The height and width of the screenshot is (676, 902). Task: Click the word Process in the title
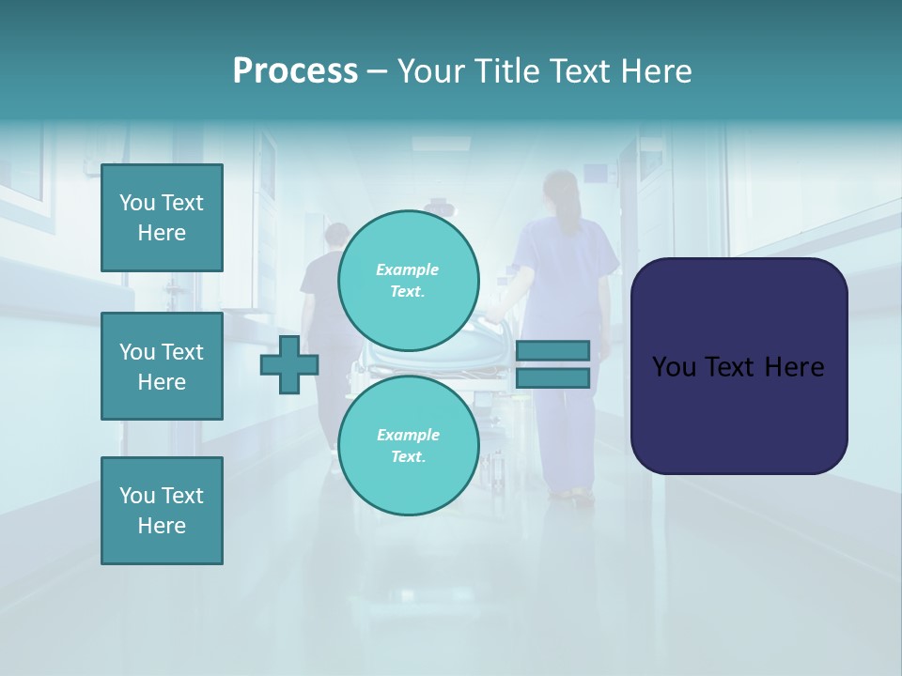pyautogui.click(x=295, y=71)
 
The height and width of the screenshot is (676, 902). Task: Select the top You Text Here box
pyautogui.click(x=162, y=218)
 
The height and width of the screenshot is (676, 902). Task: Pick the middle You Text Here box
pyautogui.click(x=162, y=366)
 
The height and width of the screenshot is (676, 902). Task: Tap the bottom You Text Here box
pyautogui.click(x=162, y=511)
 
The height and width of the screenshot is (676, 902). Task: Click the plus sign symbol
pyautogui.click(x=289, y=364)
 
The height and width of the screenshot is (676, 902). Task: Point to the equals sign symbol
pyautogui.click(x=553, y=364)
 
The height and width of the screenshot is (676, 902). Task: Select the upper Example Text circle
pyautogui.click(x=408, y=281)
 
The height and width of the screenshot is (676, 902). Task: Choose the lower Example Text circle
pyautogui.click(x=408, y=446)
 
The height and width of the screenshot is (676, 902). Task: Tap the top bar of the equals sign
pyautogui.click(x=553, y=350)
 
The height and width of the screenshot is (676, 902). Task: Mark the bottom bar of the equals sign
pyautogui.click(x=553, y=378)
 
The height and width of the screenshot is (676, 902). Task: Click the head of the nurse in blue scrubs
pyautogui.click(x=561, y=193)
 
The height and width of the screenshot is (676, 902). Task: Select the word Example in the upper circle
pyautogui.click(x=408, y=269)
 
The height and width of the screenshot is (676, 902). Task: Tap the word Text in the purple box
pyautogui.click(x=734, y=367)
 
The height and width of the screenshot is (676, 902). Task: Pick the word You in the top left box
pyautogui.click(x=137, y=203)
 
